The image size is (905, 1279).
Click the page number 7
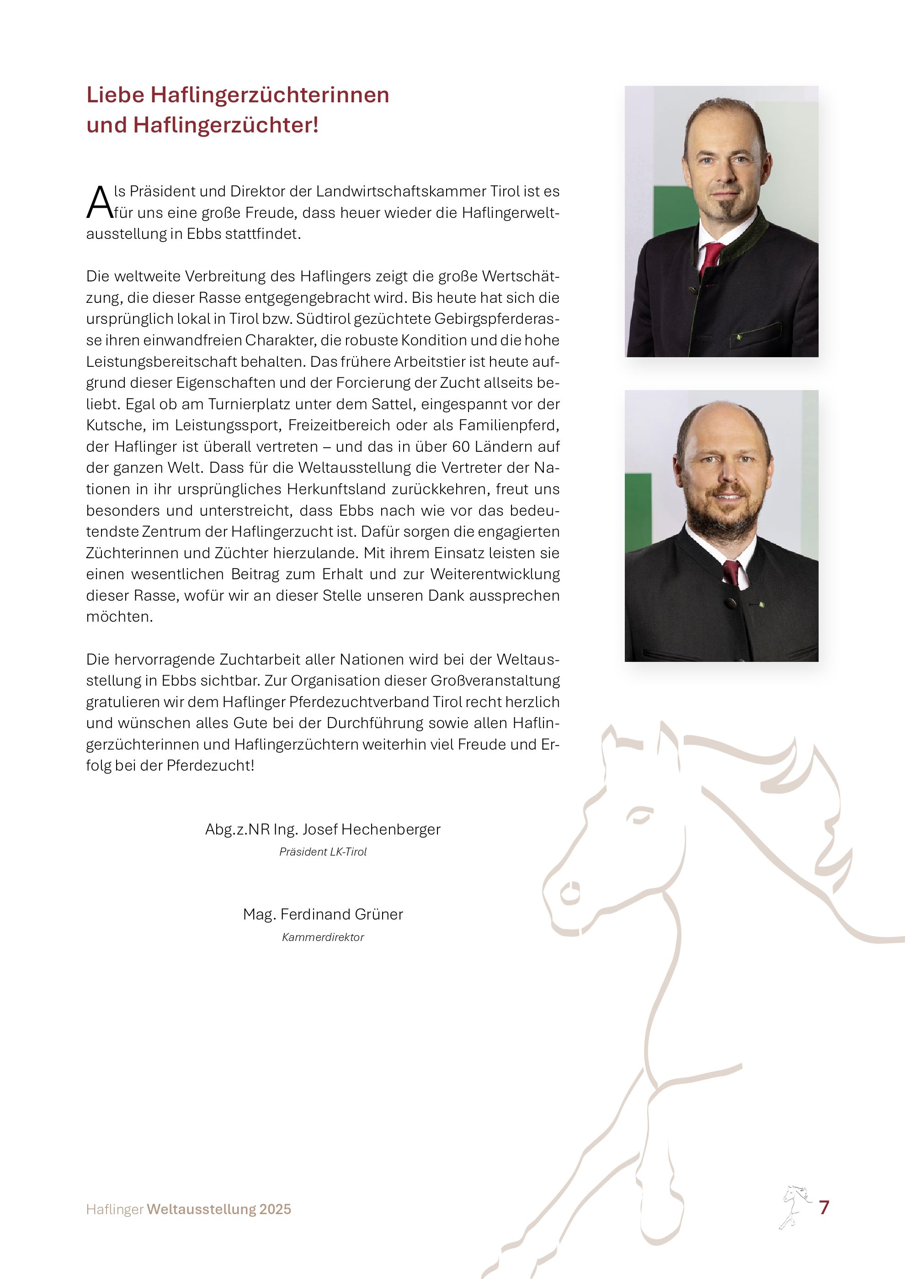824,1208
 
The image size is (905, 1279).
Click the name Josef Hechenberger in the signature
371,830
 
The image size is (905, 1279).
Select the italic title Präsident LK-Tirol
323,852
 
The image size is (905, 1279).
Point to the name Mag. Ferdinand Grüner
323,914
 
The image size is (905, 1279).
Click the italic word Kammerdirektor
323,937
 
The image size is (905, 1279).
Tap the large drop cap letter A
99,203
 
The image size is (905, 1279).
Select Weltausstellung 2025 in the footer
219,1210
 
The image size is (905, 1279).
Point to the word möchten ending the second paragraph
119,617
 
